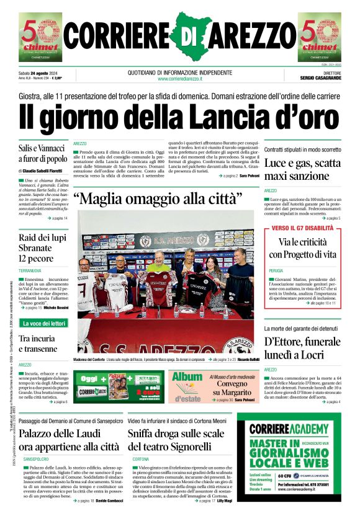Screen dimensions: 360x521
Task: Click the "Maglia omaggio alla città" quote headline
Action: pyautogui.click(x=158, y=200)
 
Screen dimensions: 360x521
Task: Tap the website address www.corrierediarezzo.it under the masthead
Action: pyautogui.click(x=180, y=79)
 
